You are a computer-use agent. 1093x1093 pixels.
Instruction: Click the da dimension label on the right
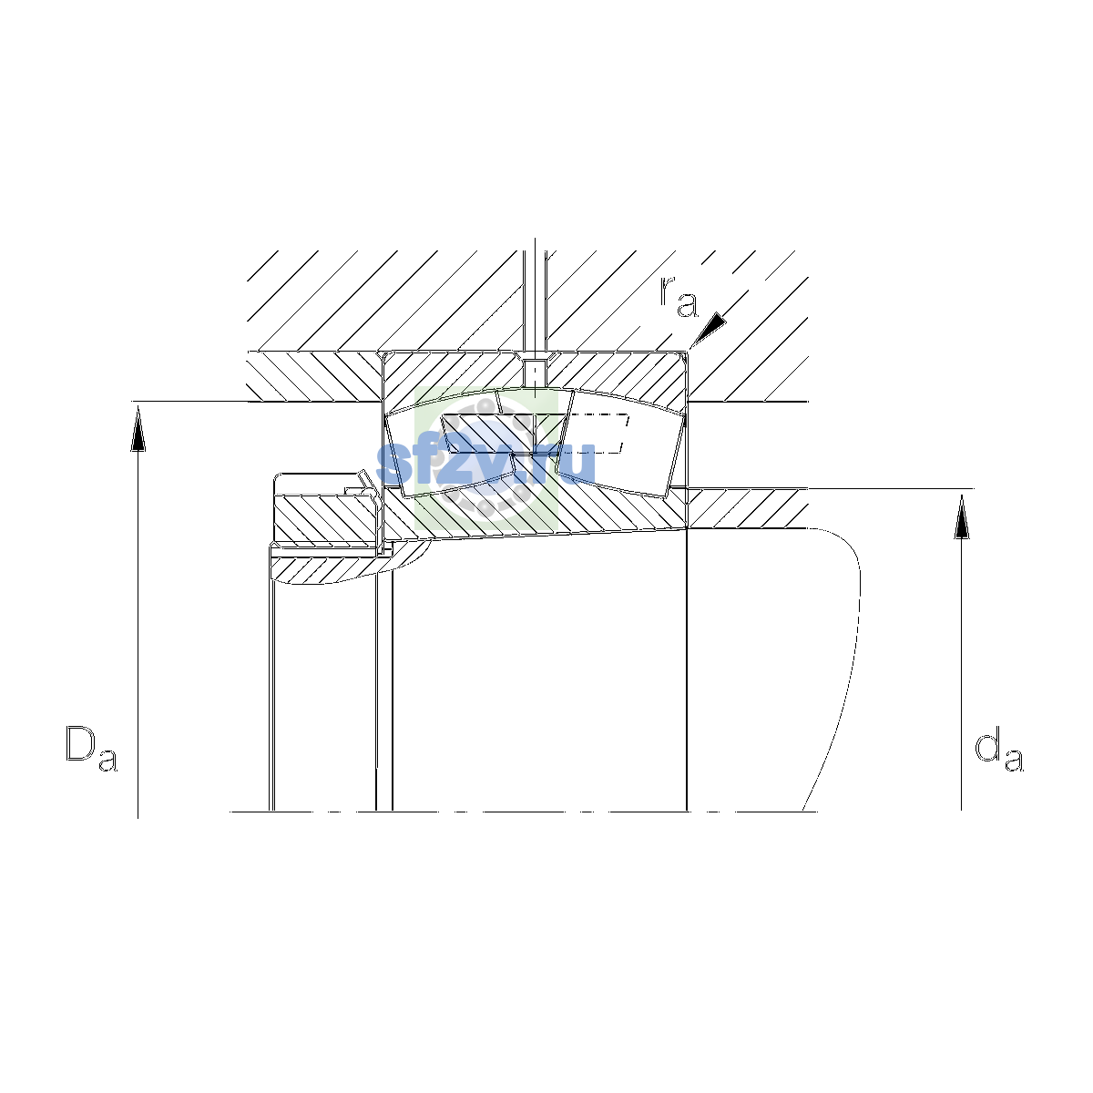coord(998,752)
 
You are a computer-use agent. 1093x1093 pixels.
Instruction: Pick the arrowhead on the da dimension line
coord(961,516)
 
